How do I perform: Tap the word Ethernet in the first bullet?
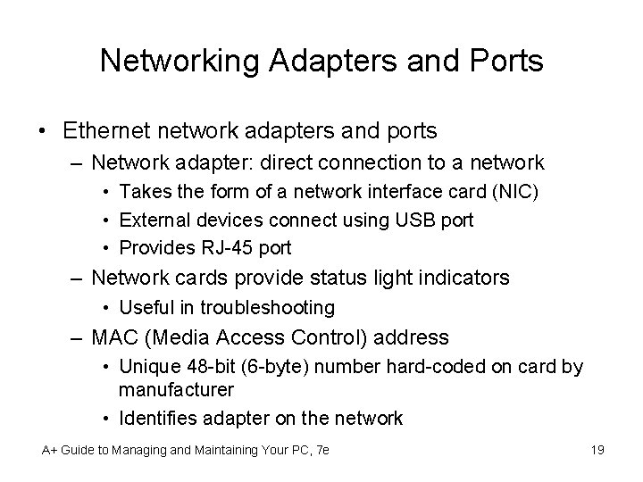click(108, 131)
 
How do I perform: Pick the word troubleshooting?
click(268, 307)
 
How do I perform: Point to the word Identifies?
click(156, 417)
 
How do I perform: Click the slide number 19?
click(597, 449)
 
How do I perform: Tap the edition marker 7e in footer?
click(321, 449)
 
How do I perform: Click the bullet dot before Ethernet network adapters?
click(43, 132)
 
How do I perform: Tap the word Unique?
click(145, 367)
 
